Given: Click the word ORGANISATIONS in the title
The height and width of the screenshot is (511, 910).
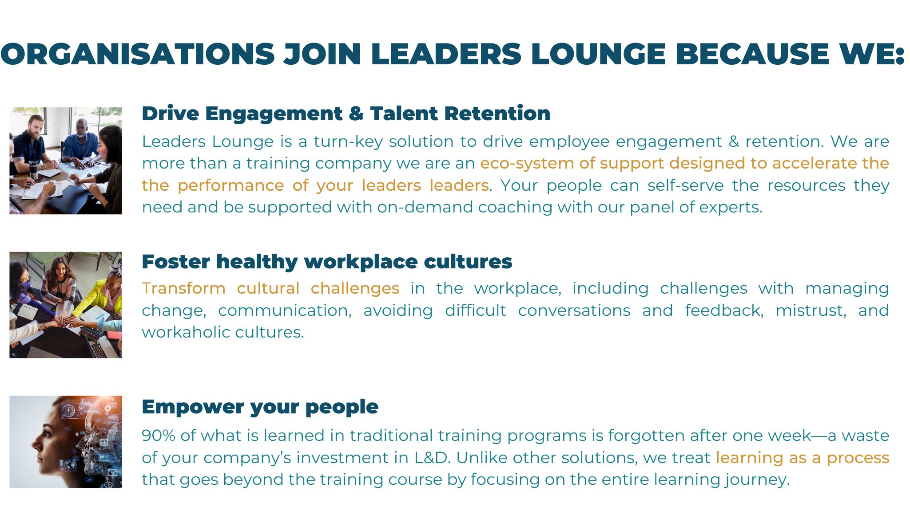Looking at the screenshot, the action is point(138,54).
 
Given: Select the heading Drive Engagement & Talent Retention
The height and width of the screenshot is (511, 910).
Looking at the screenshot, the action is point(346,114).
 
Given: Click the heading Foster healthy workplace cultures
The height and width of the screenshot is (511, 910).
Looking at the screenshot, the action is point(327,262).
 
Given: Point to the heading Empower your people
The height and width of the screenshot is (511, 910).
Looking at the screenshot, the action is point(260,407).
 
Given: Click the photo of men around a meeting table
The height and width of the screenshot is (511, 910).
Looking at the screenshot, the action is point(66,161).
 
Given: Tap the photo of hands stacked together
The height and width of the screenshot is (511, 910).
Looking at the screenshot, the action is point(66,305).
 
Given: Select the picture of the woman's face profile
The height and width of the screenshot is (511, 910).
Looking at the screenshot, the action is point(66,442).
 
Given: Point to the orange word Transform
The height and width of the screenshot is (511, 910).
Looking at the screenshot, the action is point(183,288).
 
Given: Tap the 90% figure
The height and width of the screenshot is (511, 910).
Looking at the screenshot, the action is point(159,436).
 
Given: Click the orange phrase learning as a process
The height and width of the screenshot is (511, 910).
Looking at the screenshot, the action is point(803,458).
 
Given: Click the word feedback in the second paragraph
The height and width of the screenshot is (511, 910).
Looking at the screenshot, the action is point(724,311).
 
